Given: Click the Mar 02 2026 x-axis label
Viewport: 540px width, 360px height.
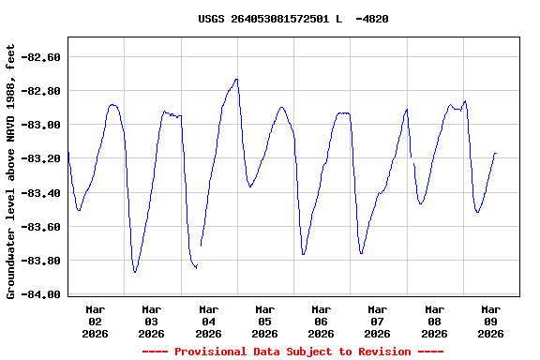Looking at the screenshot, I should click(x=95, y=321).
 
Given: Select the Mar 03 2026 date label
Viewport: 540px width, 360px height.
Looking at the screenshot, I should click(x=151, y=321).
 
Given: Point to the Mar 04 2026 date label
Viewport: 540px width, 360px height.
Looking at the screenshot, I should click(x=208, y=321).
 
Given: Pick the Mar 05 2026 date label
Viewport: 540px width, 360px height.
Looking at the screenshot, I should click(x=264, y=321).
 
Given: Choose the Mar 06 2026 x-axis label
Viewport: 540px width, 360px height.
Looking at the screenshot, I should click(x=321, y=321).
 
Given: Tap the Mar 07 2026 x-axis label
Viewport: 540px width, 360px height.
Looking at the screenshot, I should click(x=377, y=321).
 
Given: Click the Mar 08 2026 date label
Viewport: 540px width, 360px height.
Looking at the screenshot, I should click(x=434, y=321).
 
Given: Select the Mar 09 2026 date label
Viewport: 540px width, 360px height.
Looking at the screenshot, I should click(x=490, y=321).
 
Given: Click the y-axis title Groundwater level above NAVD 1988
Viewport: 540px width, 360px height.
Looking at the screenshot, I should click(x=11, y=172).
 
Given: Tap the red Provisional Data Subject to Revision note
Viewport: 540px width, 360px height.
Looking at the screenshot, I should click(x=292, y=352).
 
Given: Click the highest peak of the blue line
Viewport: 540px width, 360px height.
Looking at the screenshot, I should click(x=236, y=80).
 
